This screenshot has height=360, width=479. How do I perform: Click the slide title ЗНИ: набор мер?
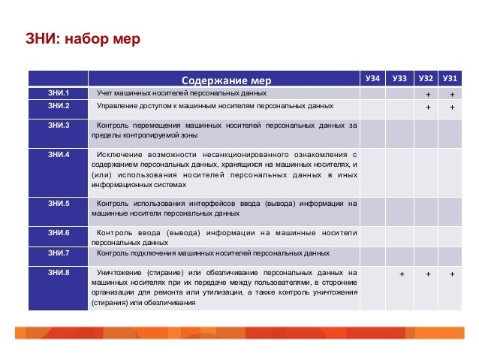tap(77, 38)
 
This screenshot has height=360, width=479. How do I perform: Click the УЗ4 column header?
tap(372, 79)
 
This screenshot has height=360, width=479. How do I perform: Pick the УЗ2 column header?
tap(426, 79)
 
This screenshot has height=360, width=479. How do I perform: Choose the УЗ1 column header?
tap(450, 79)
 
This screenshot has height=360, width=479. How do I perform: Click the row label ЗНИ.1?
tap(58, 93)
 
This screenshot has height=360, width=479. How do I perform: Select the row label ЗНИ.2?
tap(58, 106)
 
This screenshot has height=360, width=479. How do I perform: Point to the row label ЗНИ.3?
tap(58, 125)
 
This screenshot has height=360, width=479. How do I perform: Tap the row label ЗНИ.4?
tap(58, 155)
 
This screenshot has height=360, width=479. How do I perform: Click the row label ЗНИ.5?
tap(58, 204)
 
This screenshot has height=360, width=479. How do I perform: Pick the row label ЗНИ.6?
tap(58, 233)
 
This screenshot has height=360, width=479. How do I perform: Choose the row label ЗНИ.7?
tap(58, 253)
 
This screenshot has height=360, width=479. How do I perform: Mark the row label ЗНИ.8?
tap(58, 273)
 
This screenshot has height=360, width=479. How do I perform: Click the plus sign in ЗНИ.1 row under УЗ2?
tap(427, 95)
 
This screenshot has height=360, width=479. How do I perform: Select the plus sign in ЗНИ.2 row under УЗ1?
tap(452, 107)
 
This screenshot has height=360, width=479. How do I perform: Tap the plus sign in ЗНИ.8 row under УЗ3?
tap(401, 274)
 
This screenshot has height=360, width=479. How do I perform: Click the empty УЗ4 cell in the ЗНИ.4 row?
tap(372, 172)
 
